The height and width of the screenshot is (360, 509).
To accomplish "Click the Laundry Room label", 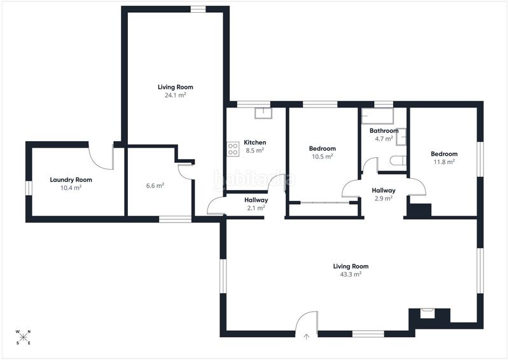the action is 71,179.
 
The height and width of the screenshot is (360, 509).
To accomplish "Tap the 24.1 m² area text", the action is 176,95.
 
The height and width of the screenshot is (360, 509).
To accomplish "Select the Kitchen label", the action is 255,142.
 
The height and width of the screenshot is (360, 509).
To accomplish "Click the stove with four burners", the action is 233,149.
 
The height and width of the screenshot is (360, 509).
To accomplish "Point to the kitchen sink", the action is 263,113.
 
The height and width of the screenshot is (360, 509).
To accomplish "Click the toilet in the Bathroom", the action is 398,160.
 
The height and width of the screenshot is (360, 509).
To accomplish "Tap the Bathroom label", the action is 384,130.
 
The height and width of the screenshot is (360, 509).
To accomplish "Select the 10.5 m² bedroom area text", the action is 323,156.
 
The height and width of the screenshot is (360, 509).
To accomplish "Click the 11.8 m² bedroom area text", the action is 444,162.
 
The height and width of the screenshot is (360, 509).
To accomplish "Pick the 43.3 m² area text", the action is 351,274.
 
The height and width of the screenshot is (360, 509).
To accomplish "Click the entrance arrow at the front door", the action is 306,336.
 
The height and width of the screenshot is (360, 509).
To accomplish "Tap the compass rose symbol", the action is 23,337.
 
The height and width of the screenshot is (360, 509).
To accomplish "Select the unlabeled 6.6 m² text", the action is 155,186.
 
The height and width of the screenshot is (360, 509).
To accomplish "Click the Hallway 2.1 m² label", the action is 256,204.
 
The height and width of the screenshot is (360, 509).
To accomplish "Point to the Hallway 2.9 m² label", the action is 384,194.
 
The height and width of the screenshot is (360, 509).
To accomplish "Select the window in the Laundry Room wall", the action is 29,188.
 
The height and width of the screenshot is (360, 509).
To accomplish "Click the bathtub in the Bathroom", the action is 377,116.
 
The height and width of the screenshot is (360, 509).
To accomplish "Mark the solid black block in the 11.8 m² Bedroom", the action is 419,210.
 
